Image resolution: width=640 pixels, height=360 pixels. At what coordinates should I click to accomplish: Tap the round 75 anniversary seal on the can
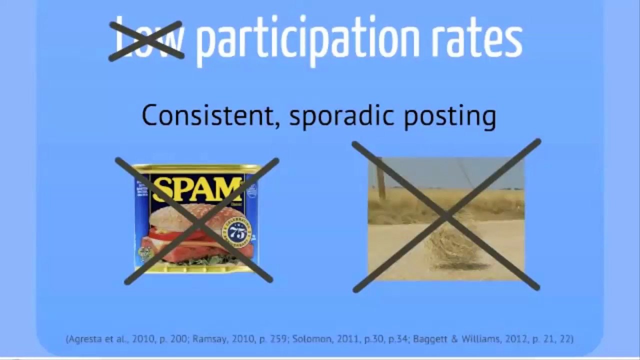(237, 232)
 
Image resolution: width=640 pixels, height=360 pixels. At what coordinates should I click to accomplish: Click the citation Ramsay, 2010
(253, 339)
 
